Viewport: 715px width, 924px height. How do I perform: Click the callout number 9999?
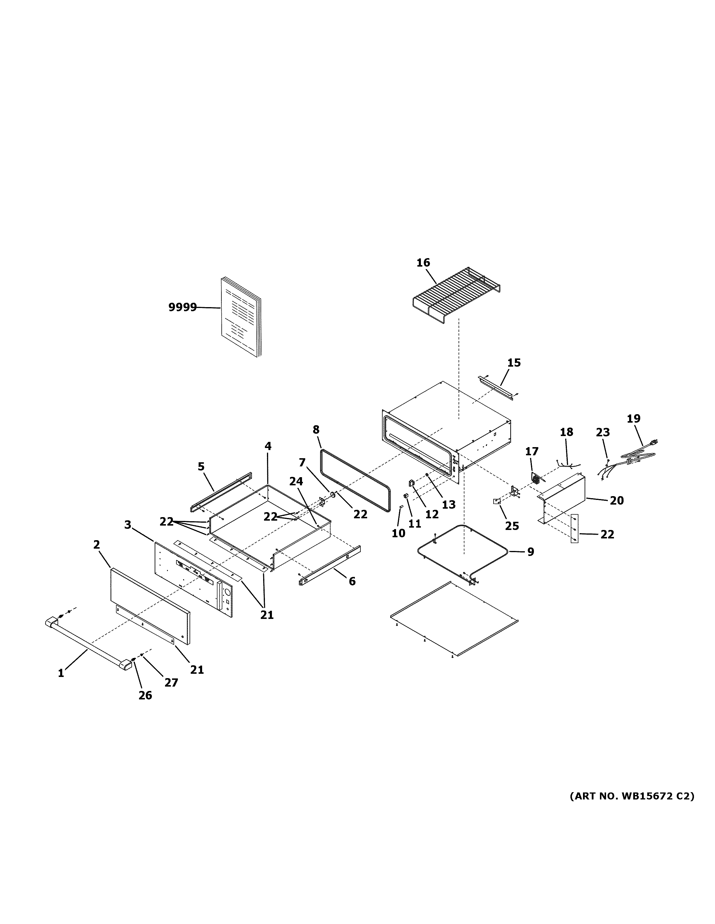click(x=183, y=307)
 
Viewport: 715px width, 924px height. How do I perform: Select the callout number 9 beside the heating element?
click(x=531, y=552)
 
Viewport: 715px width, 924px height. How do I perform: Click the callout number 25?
click(x=512, y=526)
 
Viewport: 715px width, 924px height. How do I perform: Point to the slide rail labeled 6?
click(x=329, y=563)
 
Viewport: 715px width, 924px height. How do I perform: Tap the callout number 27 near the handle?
click(x=171, y=682)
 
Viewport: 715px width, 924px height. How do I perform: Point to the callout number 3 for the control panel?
click(x=128, y=525)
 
